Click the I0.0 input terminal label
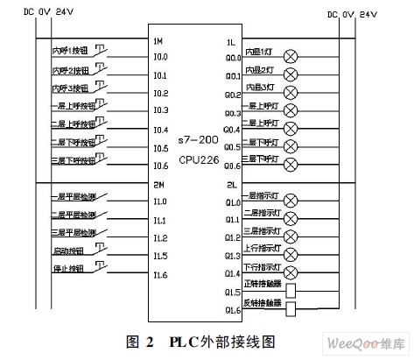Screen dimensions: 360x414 coord(160,58)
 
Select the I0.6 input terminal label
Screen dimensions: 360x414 coord(160,166)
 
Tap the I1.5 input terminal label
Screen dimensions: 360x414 coord(160,256)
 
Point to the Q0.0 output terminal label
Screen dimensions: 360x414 coord(232,58)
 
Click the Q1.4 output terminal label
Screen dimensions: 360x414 coord(232,273)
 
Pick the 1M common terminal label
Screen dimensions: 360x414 coord(158,41)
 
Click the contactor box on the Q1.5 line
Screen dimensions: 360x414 coord(291,290)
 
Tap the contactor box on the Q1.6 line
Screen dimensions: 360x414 coord(291,308)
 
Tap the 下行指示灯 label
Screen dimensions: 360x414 coord(263,266)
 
